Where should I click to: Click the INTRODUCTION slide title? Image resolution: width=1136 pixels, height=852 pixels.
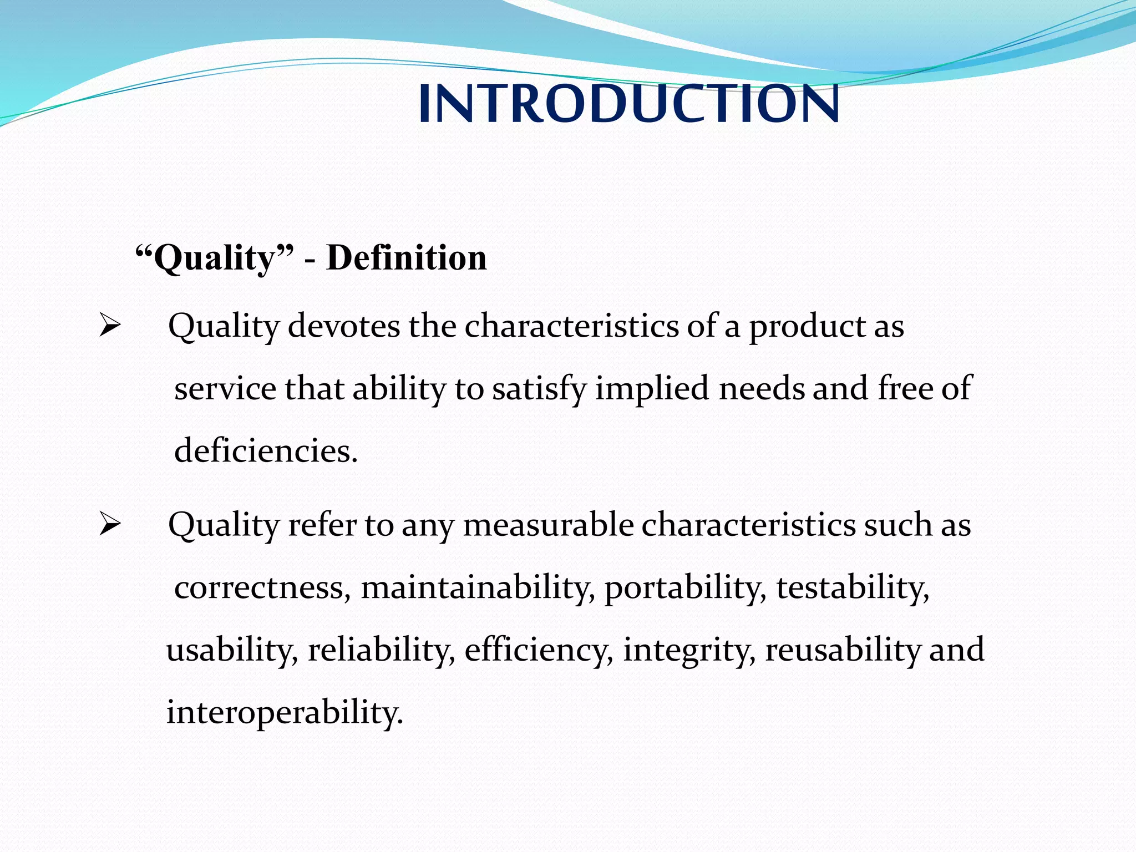(628, 104)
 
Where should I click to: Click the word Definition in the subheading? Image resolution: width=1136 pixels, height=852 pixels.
(407, 258)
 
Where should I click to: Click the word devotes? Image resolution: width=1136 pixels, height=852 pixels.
(344, 326)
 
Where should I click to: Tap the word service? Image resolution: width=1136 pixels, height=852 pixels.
(225, 388)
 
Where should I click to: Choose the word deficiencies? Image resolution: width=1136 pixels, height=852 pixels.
(265, 450)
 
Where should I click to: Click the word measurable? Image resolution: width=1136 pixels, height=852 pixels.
(548, 525)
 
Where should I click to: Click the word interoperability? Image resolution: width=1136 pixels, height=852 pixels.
(284, 712)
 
